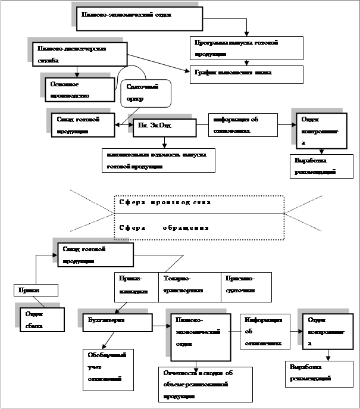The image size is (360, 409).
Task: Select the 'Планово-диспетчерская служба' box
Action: [x=80, y=54]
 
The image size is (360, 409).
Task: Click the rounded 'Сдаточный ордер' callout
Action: [x=146, y=93]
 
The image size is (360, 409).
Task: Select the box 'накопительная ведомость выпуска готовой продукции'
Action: [x=158, y=160]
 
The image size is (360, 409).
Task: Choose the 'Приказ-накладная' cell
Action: [x=137, y=285]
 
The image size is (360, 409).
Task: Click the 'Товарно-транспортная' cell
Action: [x=189, y=285]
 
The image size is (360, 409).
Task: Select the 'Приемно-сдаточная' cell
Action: [x=246, y=285]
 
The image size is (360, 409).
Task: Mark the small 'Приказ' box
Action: [x=36, y=289]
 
